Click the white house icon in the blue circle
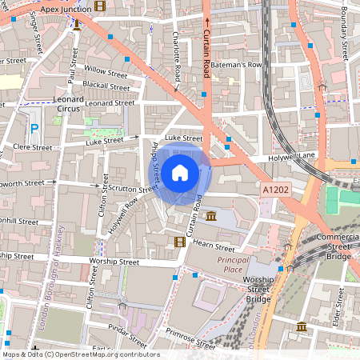(x=180, y=171)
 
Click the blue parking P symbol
(x=34, y=129)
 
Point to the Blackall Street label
(x=105, y=86)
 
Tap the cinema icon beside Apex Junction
(x=99, y=6)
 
